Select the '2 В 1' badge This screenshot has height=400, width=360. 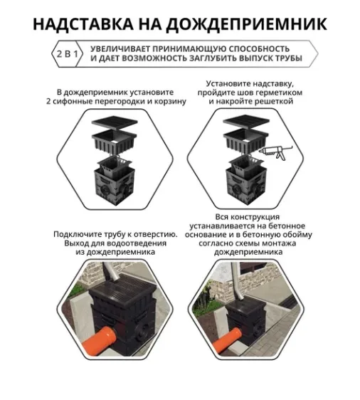point(66,53)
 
